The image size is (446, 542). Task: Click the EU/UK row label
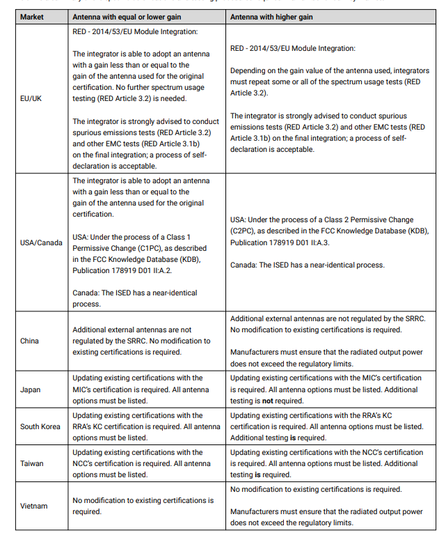click(x=31, y=98)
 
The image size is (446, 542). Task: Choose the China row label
click(x=30, y=341)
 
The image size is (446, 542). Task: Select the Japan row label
click(x=31, y=389)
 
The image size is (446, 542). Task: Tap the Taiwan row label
click(x=32, y=463)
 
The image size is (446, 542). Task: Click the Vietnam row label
click(x=34, y=506)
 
